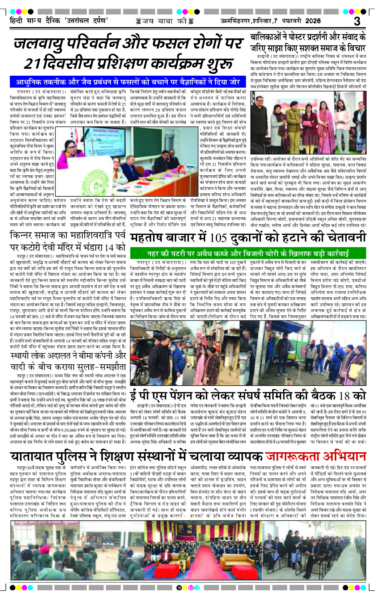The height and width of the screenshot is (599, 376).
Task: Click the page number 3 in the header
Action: pyautogui.click(x=357, y=21)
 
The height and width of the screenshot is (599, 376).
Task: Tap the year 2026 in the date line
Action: pyautogui.click(x=313, y=21)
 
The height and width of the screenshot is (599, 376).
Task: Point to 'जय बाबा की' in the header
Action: pyautogui.click(x=164, y=21)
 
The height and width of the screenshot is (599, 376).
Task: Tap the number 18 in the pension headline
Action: pyautogui.click(x=344, y=395)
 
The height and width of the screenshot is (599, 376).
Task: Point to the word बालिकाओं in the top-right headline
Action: pyautogui.click(x=268, y=37)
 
